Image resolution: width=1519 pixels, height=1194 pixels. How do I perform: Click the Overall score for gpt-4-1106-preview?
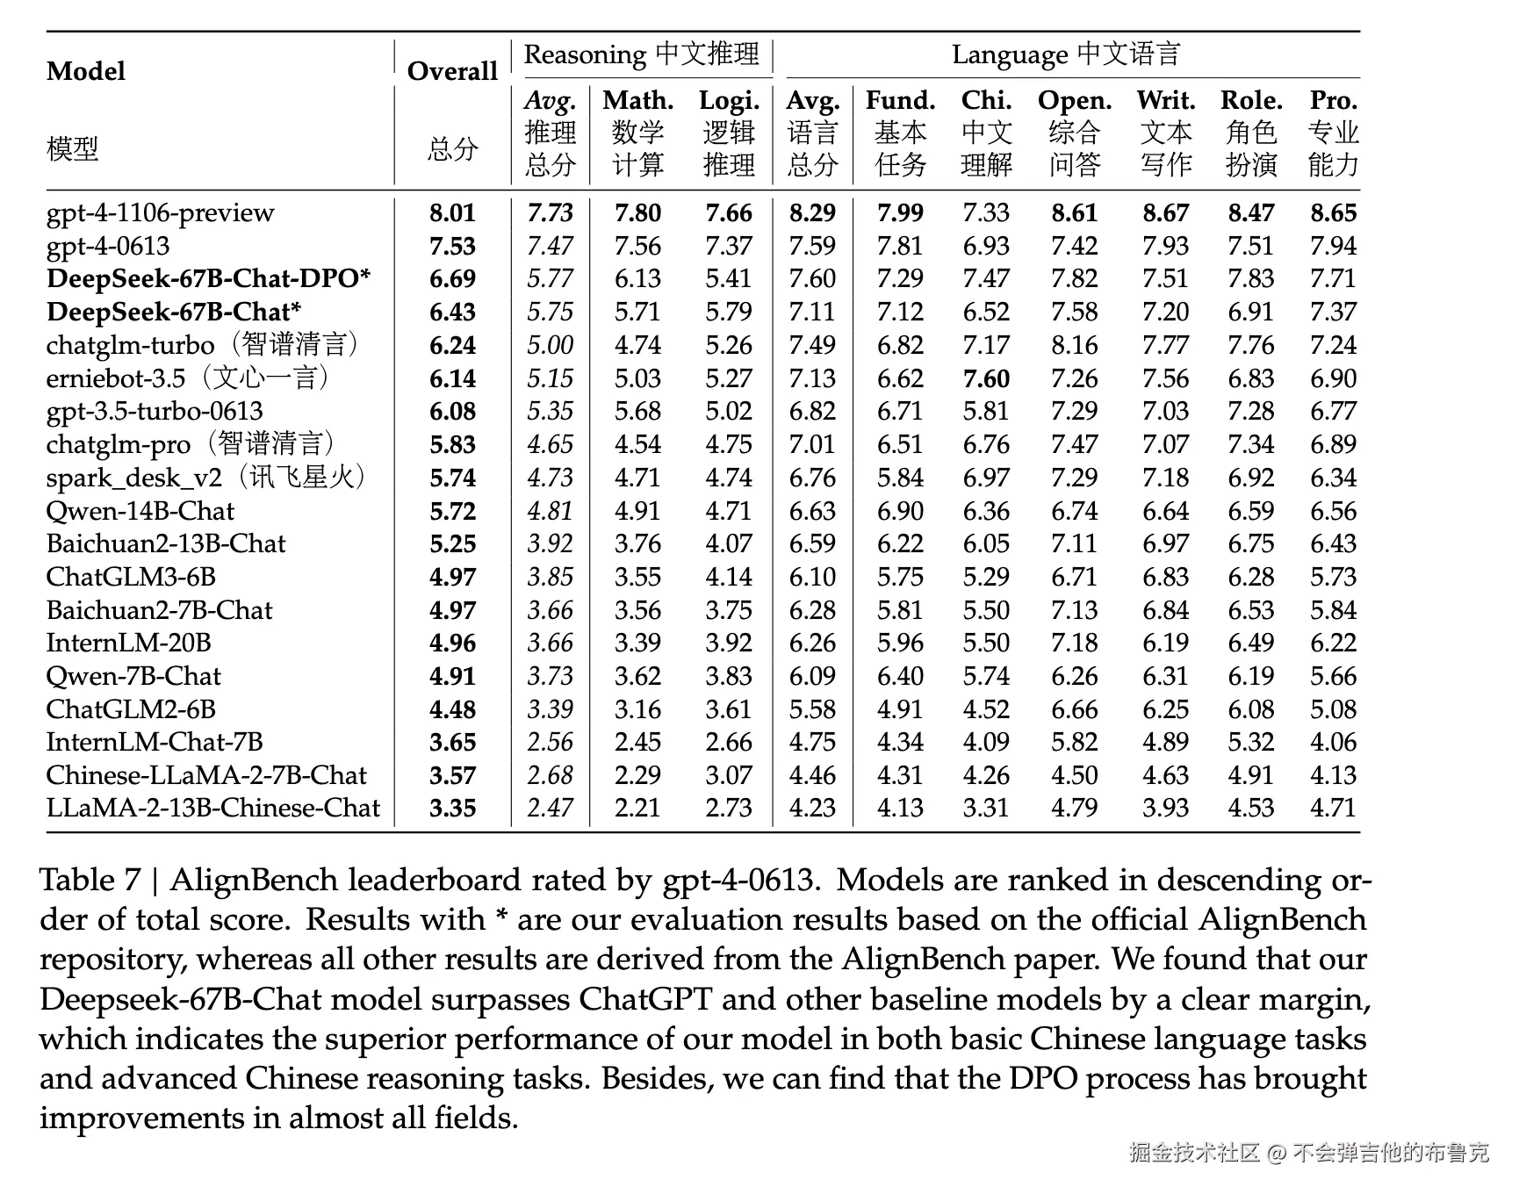[x=452, y=213]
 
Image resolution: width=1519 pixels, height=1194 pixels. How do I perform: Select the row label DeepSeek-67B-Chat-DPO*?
[x=208, y=279]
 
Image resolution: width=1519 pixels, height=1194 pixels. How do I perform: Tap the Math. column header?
[x=637, y=101]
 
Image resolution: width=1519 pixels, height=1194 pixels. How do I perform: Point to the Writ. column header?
[x=1165, y=101]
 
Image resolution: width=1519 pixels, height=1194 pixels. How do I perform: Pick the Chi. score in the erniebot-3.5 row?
[x=986, y=378]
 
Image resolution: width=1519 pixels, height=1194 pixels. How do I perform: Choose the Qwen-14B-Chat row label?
[x=140, y=511]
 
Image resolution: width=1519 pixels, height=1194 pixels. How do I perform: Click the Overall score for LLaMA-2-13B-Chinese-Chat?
[x=452, y=808]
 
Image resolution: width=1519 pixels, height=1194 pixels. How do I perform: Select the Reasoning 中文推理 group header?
[x=641, y=54]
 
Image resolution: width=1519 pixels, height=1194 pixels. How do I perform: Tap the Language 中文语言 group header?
[x=1066, y=54]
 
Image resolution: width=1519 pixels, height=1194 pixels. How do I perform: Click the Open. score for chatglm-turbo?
[x=1075, y=345]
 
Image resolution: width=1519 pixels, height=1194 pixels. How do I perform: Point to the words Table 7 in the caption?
[x=90, y=880]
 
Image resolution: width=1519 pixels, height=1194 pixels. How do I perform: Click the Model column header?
[x=86, y=71]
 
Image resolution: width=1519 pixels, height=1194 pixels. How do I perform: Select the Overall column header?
[x=452, y=71]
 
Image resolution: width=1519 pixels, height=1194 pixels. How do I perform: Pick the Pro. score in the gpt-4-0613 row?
[x=1333, y=246]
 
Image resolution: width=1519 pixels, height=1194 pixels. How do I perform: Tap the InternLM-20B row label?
[x=128, y=643]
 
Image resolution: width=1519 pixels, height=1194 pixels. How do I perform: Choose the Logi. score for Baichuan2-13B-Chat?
[x=729, y=543]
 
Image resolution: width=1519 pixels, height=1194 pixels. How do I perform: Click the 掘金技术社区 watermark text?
[x=1194, y=1153]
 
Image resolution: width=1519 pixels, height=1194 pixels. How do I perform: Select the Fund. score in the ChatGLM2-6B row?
[x=900, y=709]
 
